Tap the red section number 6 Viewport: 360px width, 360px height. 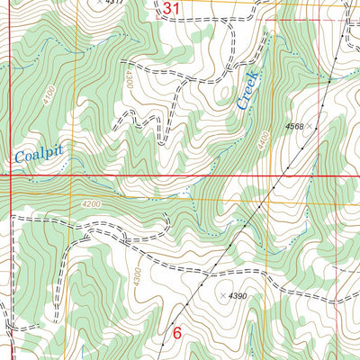tap(176, 332)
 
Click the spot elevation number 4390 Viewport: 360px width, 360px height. tap(237, 295)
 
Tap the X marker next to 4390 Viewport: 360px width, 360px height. tap(220, 295)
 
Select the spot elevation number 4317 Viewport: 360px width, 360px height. tap(113, 3)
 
